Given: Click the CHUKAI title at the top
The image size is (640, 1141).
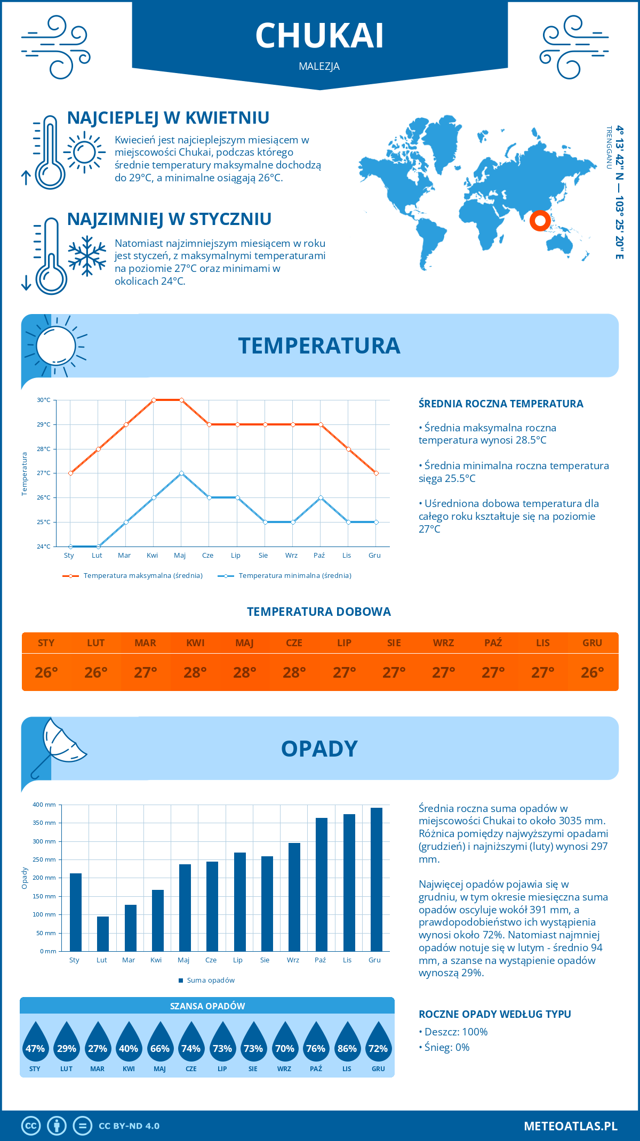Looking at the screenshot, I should click(x=319, y=36).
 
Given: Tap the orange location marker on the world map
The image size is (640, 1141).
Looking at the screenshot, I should click(x=540, y=220).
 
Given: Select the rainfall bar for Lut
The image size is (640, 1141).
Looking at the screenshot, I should click(x=103, y=934).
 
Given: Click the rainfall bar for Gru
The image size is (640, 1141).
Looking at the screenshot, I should click(x=377, y=879).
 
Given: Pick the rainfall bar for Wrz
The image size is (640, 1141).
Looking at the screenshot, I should click(x=294, y=897).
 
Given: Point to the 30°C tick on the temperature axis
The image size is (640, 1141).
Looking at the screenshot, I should click(x=44, y=400).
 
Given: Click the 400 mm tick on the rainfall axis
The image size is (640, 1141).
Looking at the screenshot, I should click(x=45, y=805).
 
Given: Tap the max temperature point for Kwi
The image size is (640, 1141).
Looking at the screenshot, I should click(x=154, y=400).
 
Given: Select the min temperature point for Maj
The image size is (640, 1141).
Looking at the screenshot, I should click(x=181, y=473).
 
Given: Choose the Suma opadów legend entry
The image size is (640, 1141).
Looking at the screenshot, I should click(x=211, y=981).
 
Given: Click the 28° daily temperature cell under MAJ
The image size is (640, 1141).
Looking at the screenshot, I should click(x=245, y=672).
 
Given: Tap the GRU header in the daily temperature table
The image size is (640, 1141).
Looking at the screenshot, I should click(x=592, y=643).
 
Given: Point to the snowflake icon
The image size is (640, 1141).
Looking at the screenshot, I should click(x=87, y=256).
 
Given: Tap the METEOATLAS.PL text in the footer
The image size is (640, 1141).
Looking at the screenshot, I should click(x=571, y=1126).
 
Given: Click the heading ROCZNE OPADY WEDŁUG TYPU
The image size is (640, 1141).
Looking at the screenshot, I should click(x=494, y=1014).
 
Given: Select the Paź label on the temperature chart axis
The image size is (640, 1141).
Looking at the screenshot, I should click(x=319, y=556).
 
